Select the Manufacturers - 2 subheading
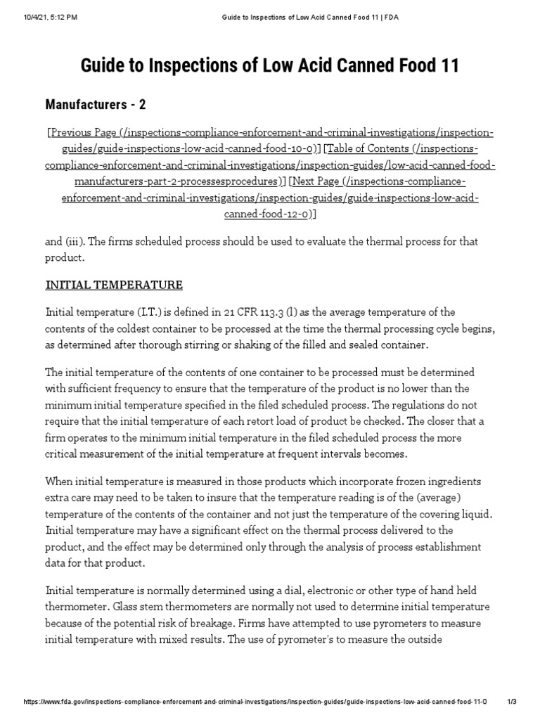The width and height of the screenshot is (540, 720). [x=96, y=105]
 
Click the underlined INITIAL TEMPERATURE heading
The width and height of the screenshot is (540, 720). [x=114, y=285]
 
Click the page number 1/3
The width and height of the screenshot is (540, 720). [x=513, y=702]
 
